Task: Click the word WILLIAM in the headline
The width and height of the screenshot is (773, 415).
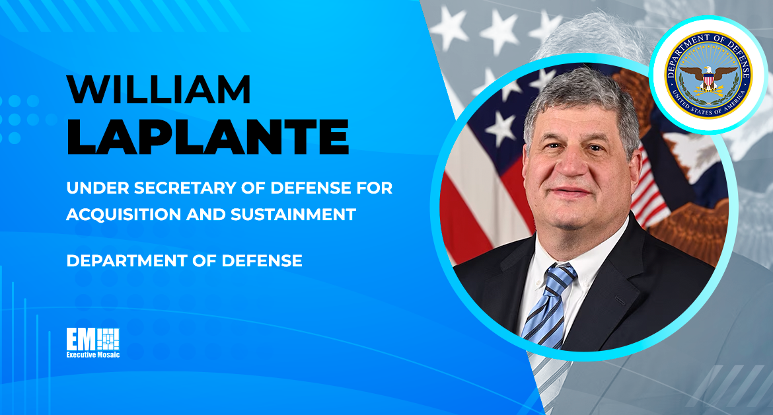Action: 159,89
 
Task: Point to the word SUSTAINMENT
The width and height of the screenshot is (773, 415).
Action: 293,214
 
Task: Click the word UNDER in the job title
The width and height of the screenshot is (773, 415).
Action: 97,188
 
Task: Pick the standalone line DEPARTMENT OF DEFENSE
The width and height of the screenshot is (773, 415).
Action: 184,260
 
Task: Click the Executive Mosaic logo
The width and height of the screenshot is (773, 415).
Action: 93,342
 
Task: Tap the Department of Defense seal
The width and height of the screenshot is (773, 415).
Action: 708,75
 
